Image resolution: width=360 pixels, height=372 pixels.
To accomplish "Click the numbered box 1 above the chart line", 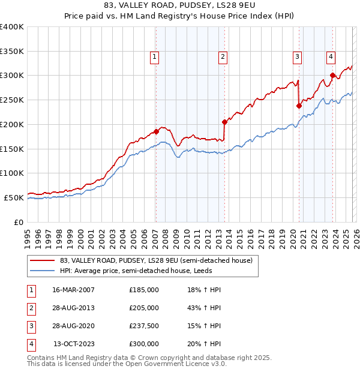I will [x=155, y=57].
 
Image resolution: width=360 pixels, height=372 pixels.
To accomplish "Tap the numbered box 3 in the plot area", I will [x=297, y=57].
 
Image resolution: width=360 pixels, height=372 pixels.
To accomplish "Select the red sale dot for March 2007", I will [x=156, y=131].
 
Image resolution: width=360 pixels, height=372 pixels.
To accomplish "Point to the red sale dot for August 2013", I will [x=224, y=121].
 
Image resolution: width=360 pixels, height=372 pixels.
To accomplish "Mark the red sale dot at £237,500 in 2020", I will [x=298, y=106].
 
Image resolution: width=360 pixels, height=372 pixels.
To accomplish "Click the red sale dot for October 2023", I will [x=332, y=75].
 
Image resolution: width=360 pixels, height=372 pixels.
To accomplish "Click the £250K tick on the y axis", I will [x=12, y=100].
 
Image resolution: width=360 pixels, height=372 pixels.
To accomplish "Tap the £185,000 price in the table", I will [x=144, y=289].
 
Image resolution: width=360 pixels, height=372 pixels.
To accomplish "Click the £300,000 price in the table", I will [x=144, y=344].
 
